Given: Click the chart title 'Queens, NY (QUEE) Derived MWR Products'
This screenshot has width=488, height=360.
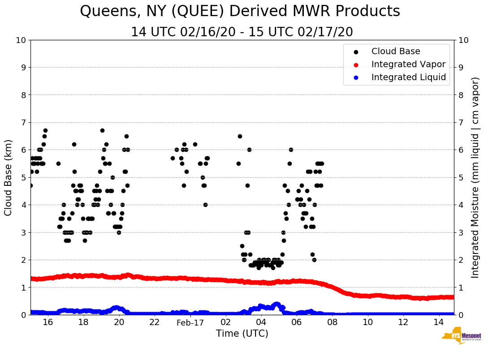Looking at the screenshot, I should point(240,11).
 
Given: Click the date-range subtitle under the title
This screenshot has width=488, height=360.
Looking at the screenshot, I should point(242,32).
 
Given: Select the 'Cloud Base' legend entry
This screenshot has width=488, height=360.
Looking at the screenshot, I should point(396,51).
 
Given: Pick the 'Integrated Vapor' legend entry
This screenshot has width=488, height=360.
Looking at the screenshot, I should point(408,64).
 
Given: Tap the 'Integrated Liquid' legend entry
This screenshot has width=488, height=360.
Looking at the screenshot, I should point(408,77).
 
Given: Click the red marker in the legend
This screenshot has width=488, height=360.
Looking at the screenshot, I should point(356,64).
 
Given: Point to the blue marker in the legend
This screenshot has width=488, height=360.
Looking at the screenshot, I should point(356,77).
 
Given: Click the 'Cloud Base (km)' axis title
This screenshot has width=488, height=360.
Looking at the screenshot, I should point(9,177).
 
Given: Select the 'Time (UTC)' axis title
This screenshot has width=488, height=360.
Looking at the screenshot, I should point(242,334).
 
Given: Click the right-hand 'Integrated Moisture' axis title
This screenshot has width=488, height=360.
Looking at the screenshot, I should point(475,177).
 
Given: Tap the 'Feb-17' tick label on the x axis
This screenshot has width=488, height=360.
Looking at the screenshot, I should point(190,323).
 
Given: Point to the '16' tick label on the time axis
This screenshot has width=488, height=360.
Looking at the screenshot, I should point(48,323).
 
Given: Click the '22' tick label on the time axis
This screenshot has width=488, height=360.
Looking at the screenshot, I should point(155,323).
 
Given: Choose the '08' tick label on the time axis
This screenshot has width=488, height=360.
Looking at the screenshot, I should point(332,323).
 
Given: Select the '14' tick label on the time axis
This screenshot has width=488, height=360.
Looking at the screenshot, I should point(439,323).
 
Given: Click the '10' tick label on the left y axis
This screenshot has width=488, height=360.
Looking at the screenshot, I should point(21,40).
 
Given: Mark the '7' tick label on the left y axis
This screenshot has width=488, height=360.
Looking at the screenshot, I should point(23,123).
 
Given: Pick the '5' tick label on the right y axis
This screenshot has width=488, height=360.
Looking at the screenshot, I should point(460,178).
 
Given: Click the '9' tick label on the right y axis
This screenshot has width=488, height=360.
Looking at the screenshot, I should point(460,68).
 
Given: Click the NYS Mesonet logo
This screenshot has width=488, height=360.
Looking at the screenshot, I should point(462,337).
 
